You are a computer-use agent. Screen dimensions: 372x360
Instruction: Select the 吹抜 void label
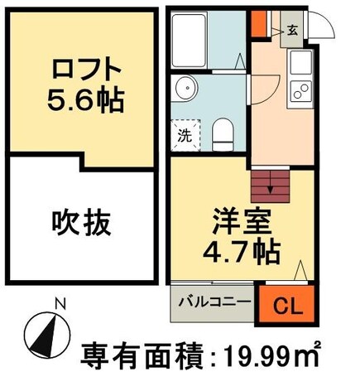(81, 221)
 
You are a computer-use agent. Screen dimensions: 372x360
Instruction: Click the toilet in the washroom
(222, 132)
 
